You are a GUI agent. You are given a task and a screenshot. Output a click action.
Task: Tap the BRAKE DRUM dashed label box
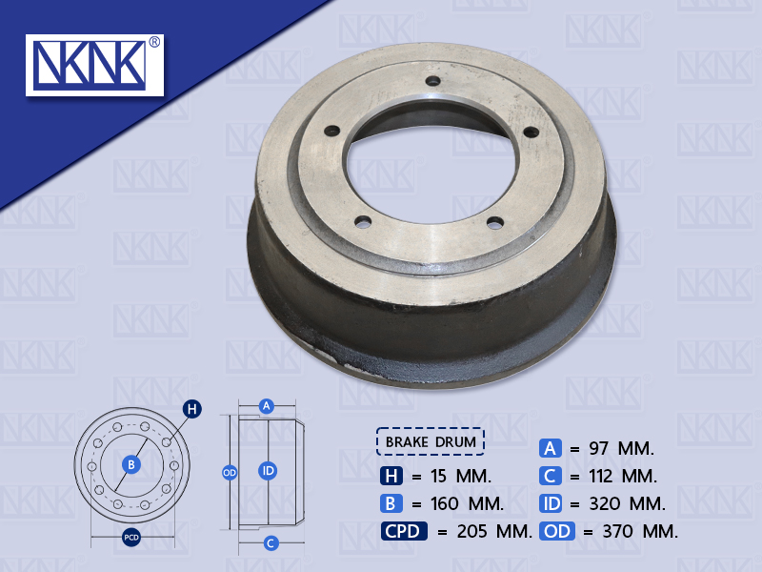431,441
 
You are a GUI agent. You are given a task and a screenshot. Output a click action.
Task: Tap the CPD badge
404,532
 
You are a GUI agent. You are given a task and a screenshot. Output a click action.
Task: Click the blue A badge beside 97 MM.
551,447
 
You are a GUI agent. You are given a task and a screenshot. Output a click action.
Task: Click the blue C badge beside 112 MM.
551,475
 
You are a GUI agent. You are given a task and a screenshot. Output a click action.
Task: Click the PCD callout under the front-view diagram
132,538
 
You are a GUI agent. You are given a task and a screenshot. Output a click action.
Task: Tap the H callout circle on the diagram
192,410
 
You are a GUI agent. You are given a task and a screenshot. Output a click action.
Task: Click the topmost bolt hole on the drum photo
431,80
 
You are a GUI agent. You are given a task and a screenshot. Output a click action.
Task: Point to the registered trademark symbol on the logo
154,43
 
